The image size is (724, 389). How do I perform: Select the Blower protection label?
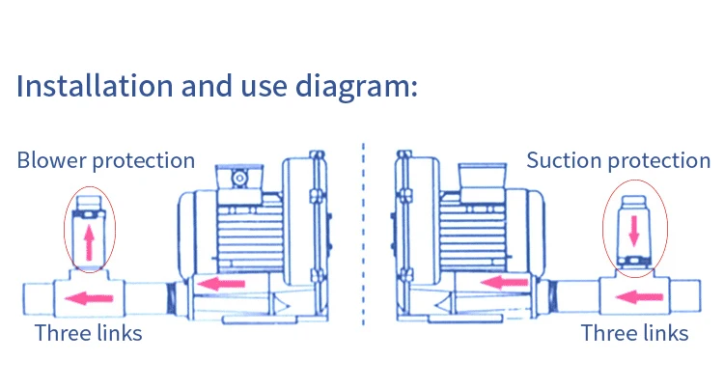[x=105, y=160]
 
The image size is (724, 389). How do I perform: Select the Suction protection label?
[x=618, y=160]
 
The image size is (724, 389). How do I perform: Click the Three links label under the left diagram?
[x=88, y=334]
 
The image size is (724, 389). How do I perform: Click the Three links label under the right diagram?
[x=634, y=334]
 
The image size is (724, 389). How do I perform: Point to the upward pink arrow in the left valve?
[x=89, y=240]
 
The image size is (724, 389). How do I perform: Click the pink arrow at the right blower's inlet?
[x=505, y=283]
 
